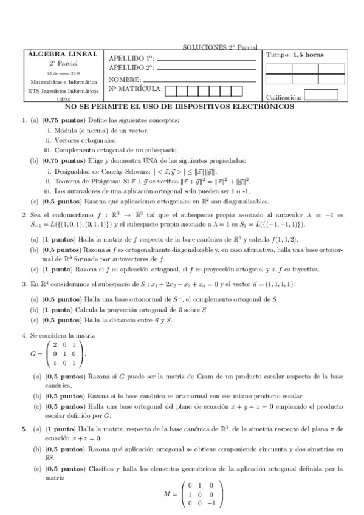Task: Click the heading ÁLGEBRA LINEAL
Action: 63,54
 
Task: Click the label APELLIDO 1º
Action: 131,58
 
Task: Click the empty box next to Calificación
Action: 320,95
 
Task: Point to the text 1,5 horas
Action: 308,55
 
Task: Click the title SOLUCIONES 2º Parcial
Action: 219,47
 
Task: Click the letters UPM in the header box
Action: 63,100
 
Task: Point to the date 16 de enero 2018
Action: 63,72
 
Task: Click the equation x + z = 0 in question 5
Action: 84,438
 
